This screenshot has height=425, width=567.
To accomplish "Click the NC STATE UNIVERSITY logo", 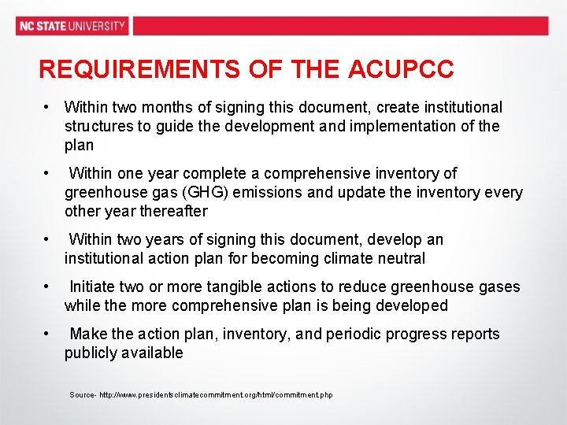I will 72,25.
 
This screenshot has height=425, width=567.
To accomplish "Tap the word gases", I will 498,286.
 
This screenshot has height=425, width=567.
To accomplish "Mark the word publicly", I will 91,353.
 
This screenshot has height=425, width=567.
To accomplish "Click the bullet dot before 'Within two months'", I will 47,107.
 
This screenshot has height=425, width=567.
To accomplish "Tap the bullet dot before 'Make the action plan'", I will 47,334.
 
